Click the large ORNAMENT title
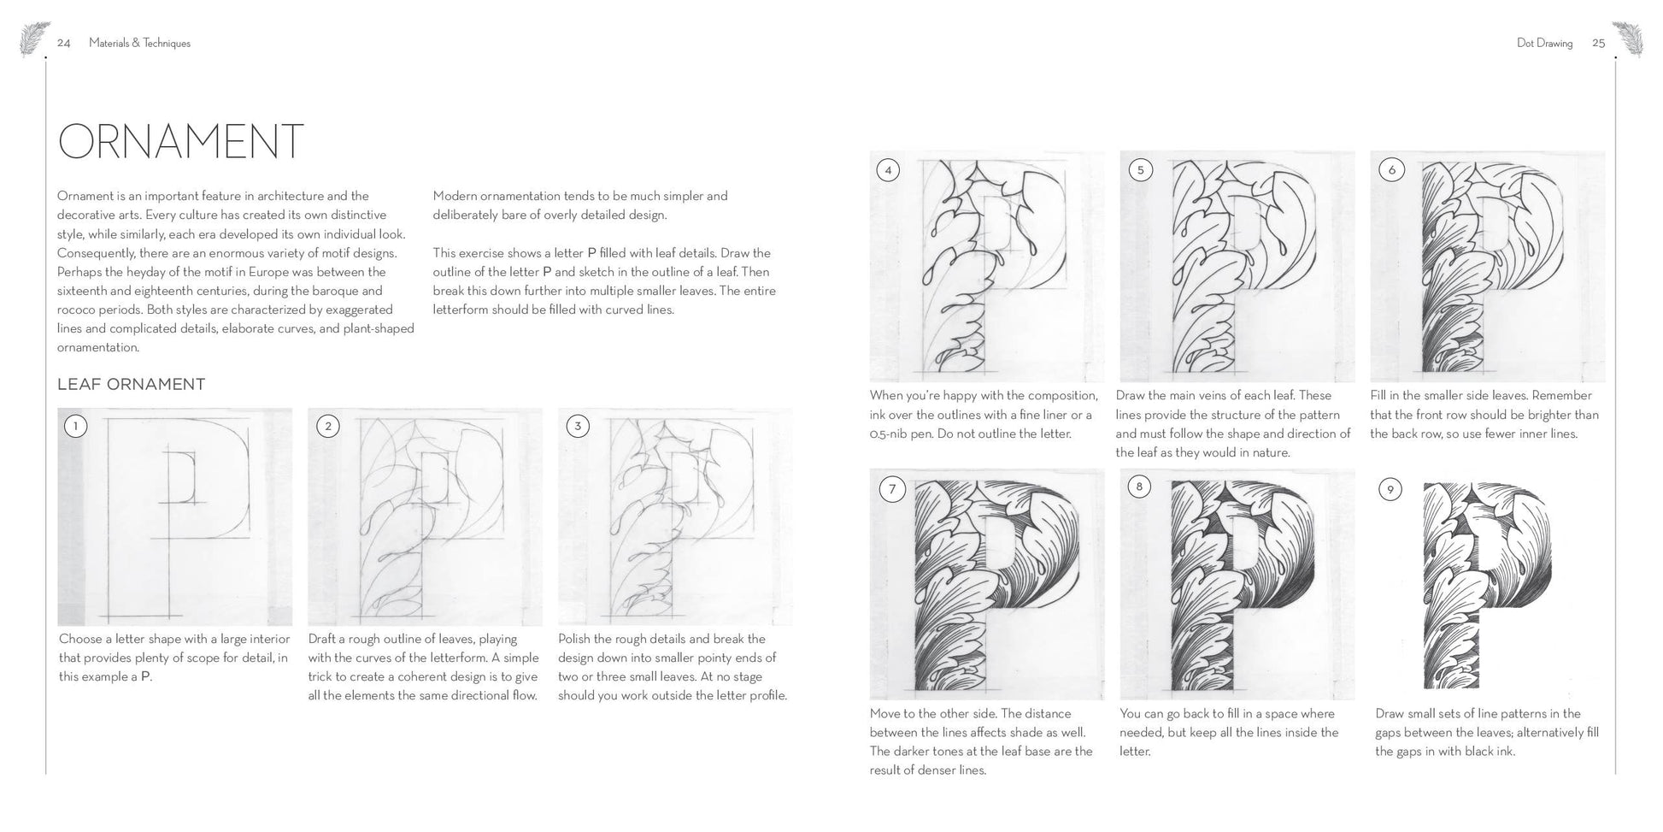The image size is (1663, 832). point(180,142)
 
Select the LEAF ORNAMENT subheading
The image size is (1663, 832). point(131,385)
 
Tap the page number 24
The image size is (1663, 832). point(64,44)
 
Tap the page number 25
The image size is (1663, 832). point(1598,44)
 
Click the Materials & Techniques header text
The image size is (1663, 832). point(139,44)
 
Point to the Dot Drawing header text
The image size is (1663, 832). point(1544,44)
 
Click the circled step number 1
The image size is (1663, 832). point(75,426)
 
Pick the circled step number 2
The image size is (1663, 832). point(327,426)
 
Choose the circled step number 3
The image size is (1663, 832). point(578,426)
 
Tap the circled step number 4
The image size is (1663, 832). point(888,169)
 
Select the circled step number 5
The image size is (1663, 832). point(1140,169)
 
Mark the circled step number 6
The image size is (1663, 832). point(1391,169)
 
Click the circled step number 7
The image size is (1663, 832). point(892,489)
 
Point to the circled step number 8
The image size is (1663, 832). point(1139,487)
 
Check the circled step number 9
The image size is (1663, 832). point(1390,489)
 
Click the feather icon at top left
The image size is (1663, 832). point(35,38)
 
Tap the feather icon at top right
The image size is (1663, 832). point(1627,38)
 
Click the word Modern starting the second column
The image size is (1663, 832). point(453,197)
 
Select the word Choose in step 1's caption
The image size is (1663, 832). point(79,640)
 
